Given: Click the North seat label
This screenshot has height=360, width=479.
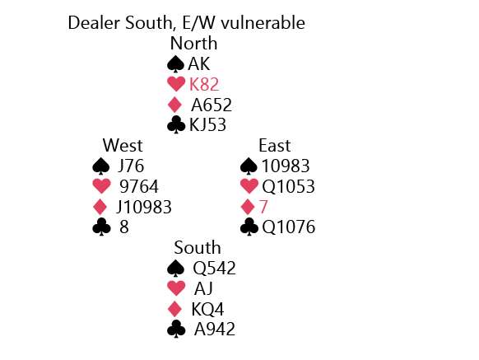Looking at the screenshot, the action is coord(193,44).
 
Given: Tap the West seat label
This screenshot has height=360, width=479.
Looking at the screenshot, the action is coord(123,145).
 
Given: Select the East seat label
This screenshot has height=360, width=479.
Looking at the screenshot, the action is coord(274,145).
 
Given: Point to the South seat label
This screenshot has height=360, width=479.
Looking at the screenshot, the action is coord(198,247).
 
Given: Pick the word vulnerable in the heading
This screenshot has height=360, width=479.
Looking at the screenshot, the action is coord(263,23).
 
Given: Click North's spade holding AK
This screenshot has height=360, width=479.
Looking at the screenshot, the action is coord(199,64).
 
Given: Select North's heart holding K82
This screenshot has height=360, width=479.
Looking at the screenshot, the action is coord(204,84).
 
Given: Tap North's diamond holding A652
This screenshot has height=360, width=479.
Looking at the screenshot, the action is coord(212,105).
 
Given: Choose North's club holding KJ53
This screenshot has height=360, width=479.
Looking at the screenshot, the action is coord(207,125).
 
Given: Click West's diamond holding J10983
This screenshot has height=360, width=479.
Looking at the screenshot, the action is coord(144,207).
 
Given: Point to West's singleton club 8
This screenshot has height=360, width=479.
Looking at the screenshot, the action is coord(124,227).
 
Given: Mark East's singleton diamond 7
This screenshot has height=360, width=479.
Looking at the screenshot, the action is coord(263,207).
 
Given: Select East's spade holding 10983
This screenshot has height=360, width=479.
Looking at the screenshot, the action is coord(286,166).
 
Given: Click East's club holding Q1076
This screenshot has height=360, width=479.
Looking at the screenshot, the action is coord(288,227).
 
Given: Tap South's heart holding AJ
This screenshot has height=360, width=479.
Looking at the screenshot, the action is coord(203,288).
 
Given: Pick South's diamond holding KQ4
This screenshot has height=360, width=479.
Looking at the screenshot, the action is coord(207,309).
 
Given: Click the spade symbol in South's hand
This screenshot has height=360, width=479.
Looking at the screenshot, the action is coord(176,269).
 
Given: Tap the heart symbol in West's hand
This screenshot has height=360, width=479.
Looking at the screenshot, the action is coord(102,186).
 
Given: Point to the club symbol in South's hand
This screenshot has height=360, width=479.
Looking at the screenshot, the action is coord(176,330).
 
